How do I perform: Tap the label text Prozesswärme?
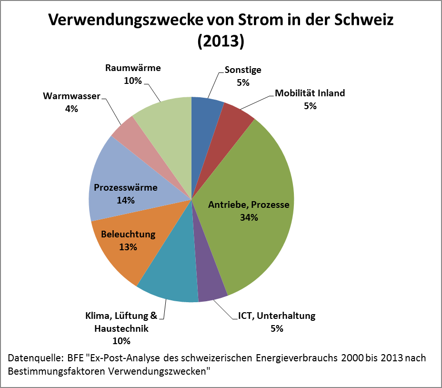click(125, 187)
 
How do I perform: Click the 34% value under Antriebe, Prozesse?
click(249, 218)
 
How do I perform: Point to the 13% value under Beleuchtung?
click(128, 247)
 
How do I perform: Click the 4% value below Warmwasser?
click(71, 109)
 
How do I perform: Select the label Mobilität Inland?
click(310, 93)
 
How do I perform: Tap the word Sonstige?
click(243, 70)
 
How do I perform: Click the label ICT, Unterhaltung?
click(277, 316)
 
